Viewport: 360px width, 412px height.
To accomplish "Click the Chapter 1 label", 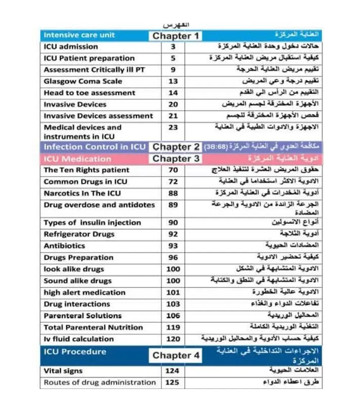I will click(175, 36).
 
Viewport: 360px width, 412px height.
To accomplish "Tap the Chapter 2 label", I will click(176, 147).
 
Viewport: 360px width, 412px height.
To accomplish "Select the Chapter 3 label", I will click(176, 159).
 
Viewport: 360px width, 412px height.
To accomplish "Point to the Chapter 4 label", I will click(176, 355).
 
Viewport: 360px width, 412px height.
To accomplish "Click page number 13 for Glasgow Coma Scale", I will click(173, 81).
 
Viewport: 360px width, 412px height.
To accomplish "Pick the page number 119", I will click(173, 327).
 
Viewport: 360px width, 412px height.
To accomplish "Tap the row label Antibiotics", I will click(64, 246).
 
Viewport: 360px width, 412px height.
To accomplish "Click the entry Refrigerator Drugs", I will click(79, 234).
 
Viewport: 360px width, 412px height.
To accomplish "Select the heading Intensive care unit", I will click(79, 35).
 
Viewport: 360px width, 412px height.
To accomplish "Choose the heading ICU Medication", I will click(77, 159).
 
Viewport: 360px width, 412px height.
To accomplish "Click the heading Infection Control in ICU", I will click(95, 147).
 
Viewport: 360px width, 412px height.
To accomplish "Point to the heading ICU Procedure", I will click(75, 352).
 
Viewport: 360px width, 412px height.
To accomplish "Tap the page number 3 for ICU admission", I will click(173, 47).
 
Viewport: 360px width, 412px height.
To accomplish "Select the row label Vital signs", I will click(63, 371).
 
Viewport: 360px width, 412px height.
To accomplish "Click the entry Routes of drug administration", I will click(100, 382).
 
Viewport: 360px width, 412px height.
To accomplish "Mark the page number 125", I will click(172, 382).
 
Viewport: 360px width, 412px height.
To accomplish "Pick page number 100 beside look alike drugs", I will click(173, 269).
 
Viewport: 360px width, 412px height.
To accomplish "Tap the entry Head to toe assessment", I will click(90, 93).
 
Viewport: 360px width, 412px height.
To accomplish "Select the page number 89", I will click(173, 205).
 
